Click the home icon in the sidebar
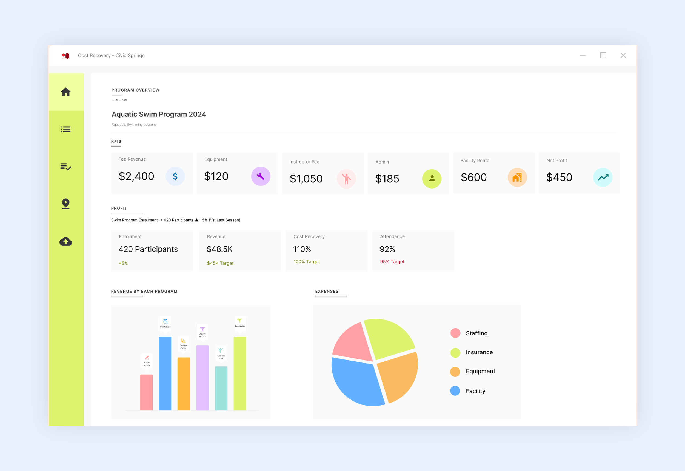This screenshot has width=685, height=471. (65, 92)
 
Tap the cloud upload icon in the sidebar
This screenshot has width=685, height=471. (65, 242)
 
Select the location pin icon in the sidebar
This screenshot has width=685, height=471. (65, 204)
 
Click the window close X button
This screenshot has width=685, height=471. (623, 55)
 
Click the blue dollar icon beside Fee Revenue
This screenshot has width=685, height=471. (175, 176)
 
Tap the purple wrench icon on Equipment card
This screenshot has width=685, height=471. (260, 176)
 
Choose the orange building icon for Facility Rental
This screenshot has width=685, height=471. (517, 177)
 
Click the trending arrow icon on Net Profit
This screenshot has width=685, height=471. (603, 177)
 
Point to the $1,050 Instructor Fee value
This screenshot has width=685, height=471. (306, 179)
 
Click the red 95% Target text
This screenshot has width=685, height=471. (392, 262)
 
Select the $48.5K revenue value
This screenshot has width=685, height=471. (219, 249)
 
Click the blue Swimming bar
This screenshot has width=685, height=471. (165, 373)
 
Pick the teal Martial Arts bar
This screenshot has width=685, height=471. (221, 388)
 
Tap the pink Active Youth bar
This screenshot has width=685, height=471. (146, 392)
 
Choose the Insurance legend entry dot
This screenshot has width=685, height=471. (455, 352)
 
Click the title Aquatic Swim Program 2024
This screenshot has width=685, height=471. (159, 114)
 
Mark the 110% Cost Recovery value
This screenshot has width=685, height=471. (302, 249)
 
